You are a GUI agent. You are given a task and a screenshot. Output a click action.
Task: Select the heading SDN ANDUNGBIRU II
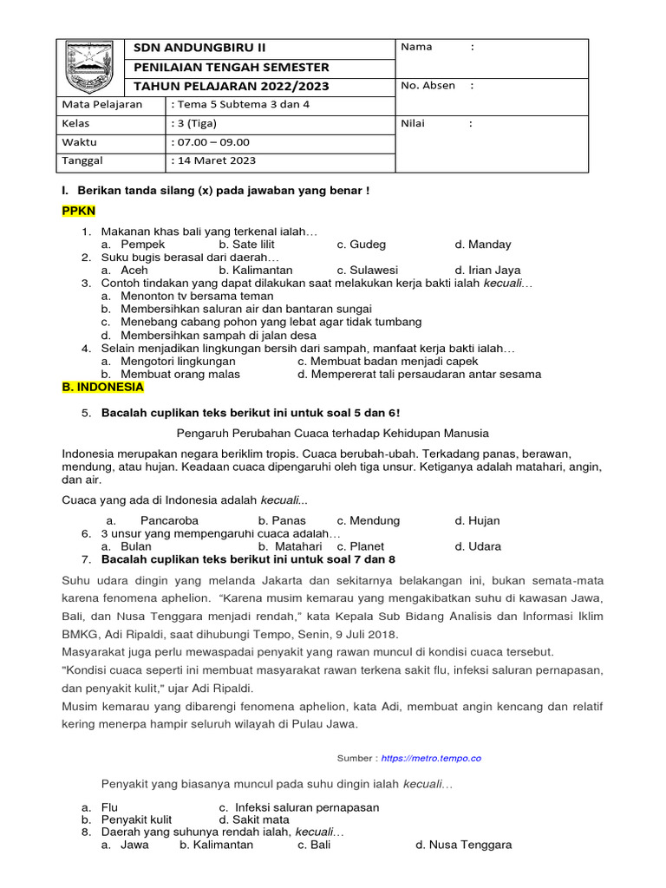point(199,47)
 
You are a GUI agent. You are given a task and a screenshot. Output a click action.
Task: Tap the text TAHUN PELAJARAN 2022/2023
point(231,86)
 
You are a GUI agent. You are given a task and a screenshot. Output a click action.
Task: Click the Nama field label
point(417,47)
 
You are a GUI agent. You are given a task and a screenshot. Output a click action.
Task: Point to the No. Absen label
point(428,85)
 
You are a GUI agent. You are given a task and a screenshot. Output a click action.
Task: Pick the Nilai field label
point(413,123)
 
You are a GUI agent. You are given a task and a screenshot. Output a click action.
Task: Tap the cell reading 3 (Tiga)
point(197,123)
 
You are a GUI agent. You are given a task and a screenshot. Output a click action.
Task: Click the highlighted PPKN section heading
point(79,211)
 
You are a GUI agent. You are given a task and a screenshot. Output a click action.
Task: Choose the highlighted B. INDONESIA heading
point(102,388)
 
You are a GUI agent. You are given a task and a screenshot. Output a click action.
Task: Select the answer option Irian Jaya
point(487,271)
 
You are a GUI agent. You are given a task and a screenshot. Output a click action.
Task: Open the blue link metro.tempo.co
point(430,758)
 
